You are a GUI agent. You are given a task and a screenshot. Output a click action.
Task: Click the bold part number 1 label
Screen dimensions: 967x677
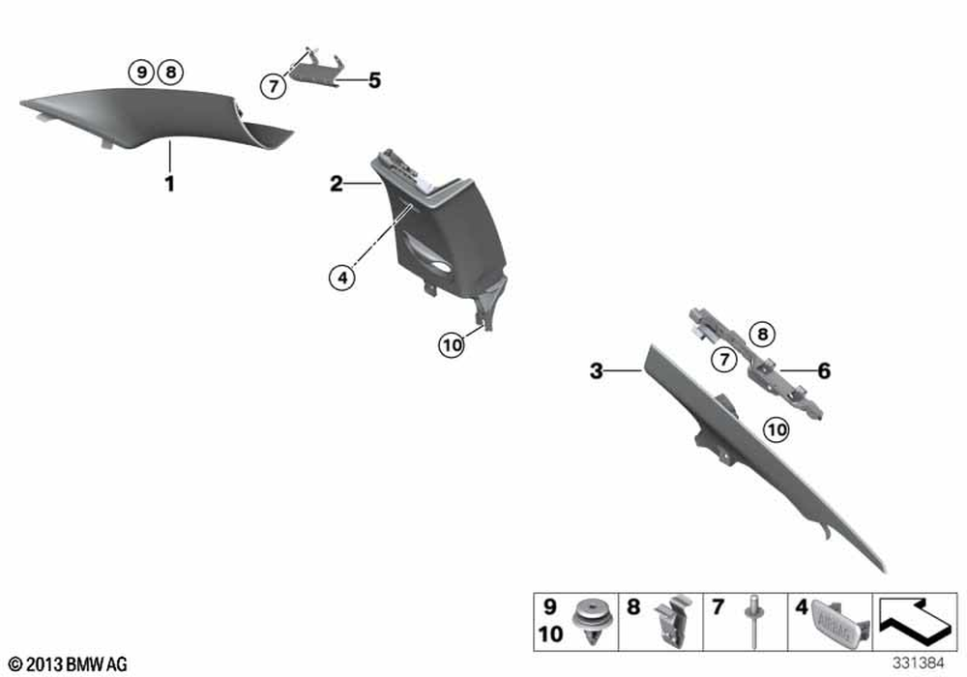point(169,184)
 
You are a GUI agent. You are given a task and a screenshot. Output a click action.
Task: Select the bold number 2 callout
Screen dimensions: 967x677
point(337,184)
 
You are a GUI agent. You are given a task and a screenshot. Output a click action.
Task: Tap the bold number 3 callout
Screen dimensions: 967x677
point(597,370)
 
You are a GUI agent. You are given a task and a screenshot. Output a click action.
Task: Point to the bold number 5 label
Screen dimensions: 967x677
point(374,81)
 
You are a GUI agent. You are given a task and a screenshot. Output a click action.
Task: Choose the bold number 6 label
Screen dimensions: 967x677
point(824,370)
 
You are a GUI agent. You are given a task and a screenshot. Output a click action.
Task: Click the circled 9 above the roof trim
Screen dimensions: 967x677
point(142,73)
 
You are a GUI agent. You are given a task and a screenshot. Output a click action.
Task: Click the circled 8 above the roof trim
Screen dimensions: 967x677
point(171,73)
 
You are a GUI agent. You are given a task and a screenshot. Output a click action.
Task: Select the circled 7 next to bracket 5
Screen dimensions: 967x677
point(274,86)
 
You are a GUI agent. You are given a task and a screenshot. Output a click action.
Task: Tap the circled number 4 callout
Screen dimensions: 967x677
point(342,279)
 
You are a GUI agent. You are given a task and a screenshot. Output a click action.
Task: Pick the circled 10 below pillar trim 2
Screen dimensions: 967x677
point(452,344)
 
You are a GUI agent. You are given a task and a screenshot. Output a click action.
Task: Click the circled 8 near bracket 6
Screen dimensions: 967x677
point(763,335)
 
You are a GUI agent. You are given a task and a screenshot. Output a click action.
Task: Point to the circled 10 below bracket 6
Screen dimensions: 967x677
point(777,429)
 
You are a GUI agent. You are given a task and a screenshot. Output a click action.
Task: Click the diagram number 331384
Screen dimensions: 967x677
point(919,662)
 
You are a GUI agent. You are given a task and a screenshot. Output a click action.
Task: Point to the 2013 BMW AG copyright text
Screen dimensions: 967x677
point(69,664)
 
